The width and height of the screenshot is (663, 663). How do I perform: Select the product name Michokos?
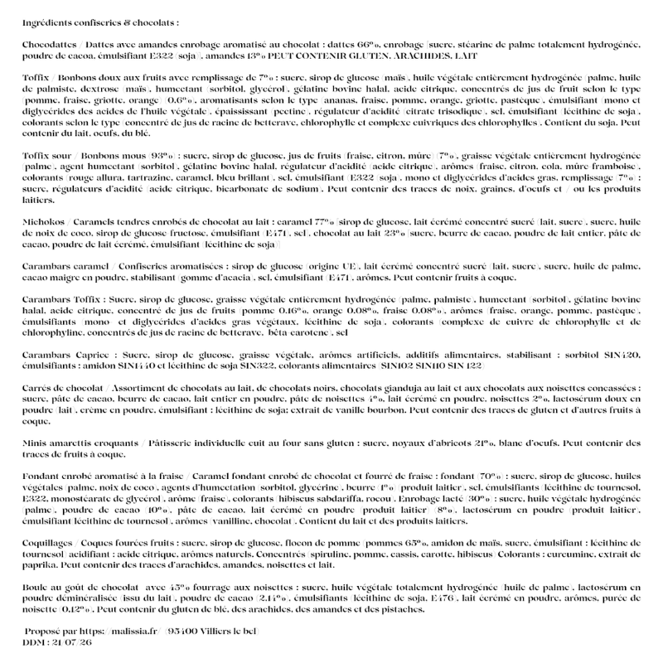point(46,222)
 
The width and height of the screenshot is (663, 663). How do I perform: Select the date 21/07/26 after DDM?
point(71,642)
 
